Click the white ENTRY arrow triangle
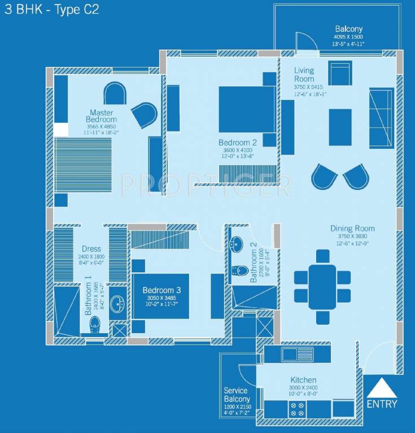point(381,388)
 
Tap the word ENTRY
point(382,404)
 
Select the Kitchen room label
point(303,380)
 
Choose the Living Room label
point(304,74)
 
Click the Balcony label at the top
point(348,29)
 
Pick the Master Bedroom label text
point(101,116)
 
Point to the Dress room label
point(91,249)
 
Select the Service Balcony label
point(237,395)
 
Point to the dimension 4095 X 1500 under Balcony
point(348,37)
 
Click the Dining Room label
point(352,228)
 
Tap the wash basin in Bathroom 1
point(118,305)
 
